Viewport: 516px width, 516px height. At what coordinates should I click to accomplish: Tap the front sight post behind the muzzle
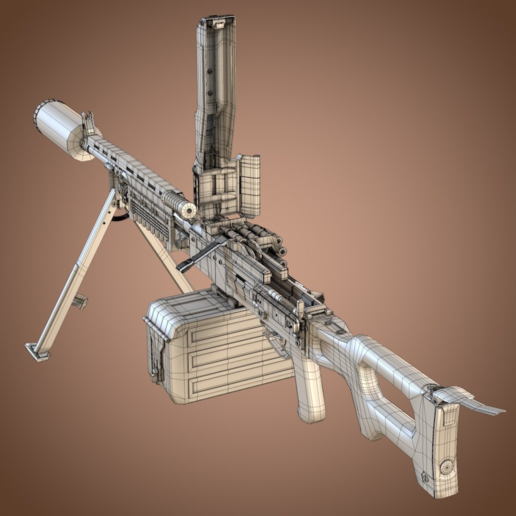[89, 124]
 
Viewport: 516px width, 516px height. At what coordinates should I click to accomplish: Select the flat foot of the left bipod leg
[38, 352]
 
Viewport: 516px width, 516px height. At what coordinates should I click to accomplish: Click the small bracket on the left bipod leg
[80, 301]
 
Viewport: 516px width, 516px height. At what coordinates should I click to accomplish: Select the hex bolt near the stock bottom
[425, 476]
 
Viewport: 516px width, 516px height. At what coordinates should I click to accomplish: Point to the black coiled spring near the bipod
[121, 217]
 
